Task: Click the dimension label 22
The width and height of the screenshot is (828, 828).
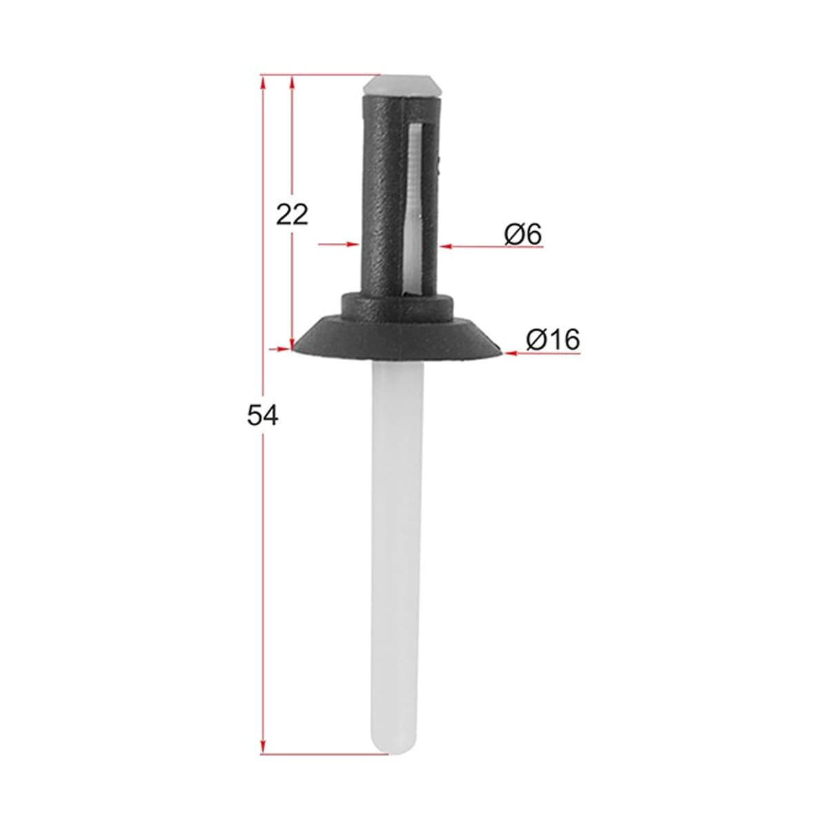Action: pyautogui.click(x=292, y=215)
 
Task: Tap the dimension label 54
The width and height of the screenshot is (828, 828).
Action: pyautogui.click(x=262, y=415)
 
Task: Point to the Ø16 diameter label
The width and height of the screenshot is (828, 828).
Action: pyautogui.click(x=553, y=339)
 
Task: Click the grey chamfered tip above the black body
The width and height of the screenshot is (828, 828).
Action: pyautogui.click(x=402, y=86)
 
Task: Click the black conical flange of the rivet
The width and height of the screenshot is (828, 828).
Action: pyautogui.click(x=397, y=337)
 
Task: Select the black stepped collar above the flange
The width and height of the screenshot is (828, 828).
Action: pyautogui.click(x=397, y=306)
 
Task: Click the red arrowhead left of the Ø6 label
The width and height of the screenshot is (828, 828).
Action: pyautogui.click(x=446, y=246)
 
